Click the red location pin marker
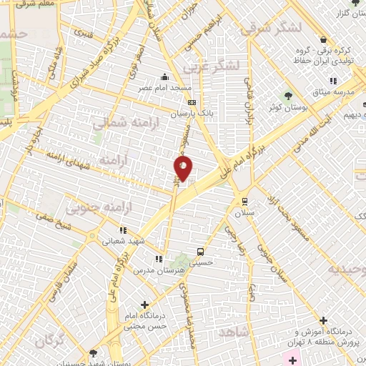tap(184, 169)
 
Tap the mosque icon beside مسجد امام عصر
tap(165, 77)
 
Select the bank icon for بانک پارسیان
tap(191, 102)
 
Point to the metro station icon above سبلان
tap(245, 201)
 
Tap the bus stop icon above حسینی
tap(201, 252)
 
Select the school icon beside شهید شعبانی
tap(122, 230)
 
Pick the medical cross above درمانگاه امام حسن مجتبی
tap(146, 305)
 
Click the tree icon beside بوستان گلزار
tap(355, 4)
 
